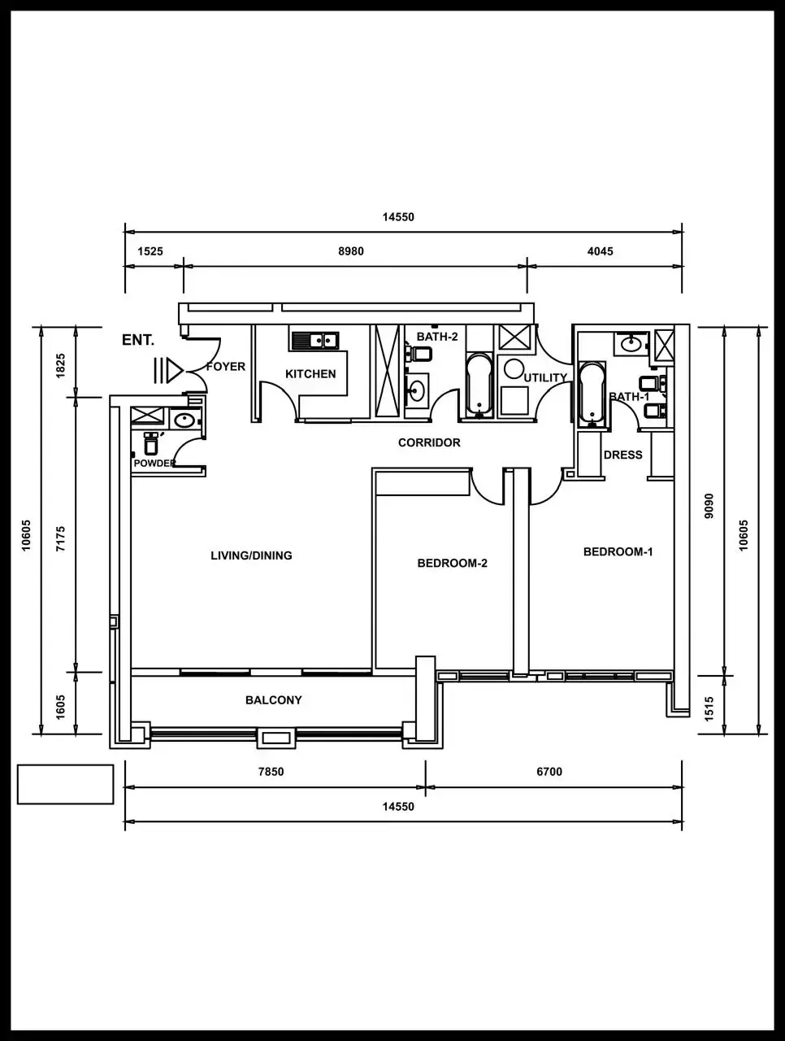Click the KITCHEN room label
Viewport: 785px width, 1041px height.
point(310,374)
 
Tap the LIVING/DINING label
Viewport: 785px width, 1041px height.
point(251,555)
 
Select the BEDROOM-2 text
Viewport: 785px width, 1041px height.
point(452,563)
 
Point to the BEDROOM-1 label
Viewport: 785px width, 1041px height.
point(618,551)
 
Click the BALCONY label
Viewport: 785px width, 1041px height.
point(273,699)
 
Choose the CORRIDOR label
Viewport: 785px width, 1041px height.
point(429,442)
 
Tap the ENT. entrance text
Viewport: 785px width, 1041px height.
point(138,340)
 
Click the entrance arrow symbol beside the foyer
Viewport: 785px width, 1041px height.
point(168,370)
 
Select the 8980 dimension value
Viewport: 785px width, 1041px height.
point(351,251)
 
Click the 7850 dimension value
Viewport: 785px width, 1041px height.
point(271,771)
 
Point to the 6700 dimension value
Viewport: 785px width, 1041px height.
point(549,771)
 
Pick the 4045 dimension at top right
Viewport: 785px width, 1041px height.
point(600,251)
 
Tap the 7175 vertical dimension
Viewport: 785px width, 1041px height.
point(60,539)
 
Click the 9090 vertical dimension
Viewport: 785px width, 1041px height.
point(709,506)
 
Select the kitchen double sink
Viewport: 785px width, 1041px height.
point(315,340)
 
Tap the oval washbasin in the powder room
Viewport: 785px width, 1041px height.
point(184,420)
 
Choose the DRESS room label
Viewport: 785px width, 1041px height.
point(622,455)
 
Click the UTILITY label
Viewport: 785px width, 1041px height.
point(544,377)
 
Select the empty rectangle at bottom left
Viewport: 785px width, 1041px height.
point(65,784)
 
